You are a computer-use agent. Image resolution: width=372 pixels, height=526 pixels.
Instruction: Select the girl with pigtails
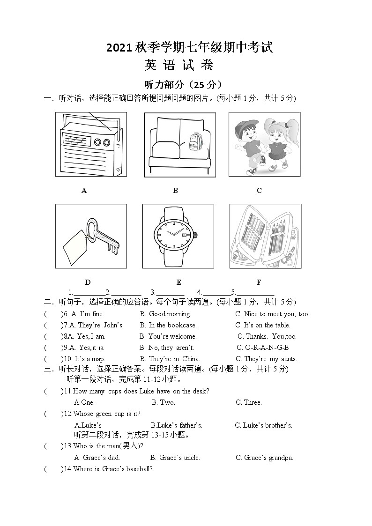[277, 143]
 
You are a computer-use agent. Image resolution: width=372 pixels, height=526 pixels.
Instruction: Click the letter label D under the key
[88, 282]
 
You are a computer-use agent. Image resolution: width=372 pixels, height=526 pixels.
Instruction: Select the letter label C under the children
[259, 191]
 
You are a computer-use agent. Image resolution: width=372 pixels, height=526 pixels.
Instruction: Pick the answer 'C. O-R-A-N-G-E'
[263, 348]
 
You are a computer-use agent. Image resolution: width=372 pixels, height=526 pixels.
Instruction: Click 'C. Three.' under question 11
[249, 402]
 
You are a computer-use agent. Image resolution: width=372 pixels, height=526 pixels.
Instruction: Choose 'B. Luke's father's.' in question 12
[177, 425]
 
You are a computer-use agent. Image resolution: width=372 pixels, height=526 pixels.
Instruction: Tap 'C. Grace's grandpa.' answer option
[264, 458]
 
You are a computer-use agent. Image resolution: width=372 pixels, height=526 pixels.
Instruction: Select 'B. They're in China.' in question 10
[170, 359]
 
